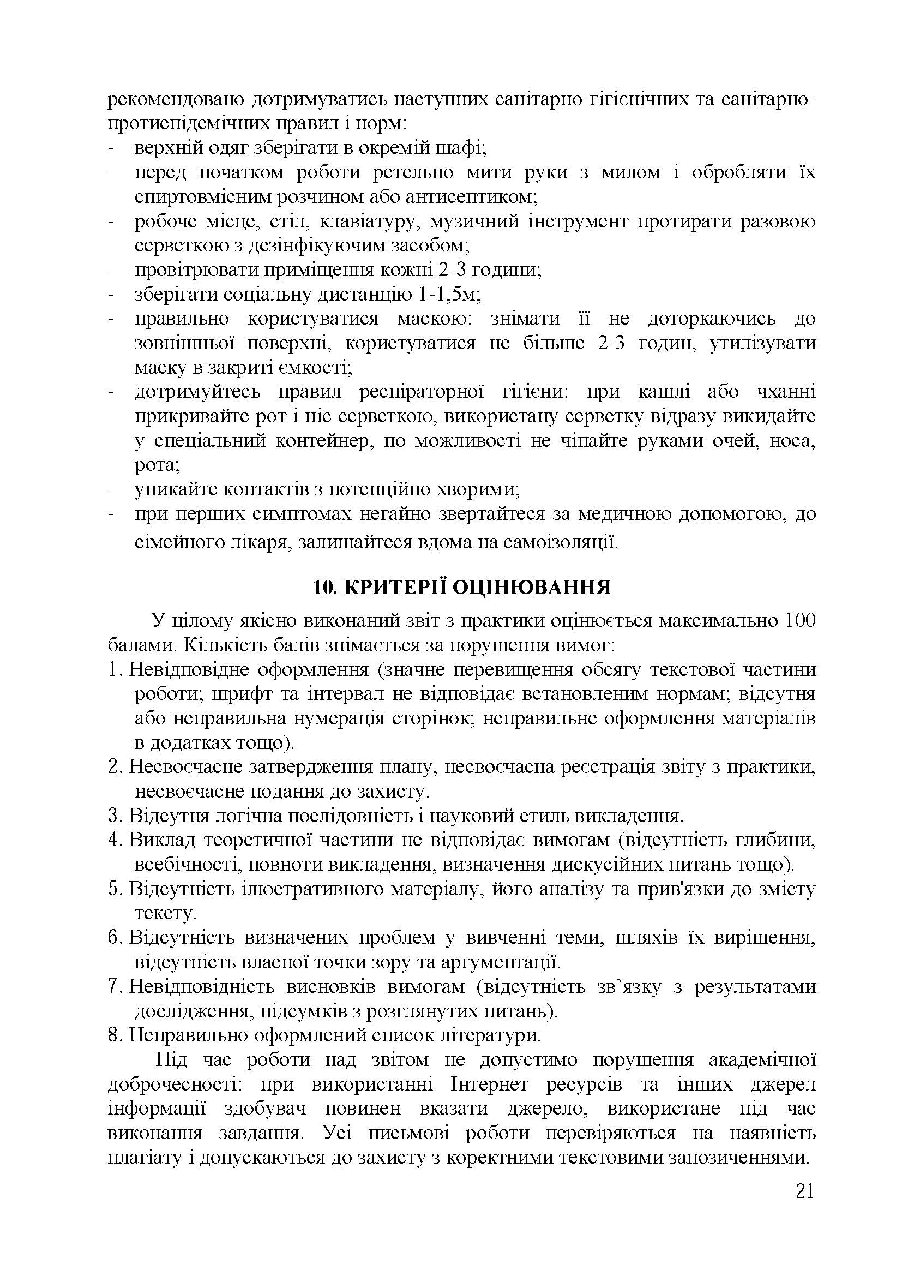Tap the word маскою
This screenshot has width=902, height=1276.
tap(434, 319)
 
